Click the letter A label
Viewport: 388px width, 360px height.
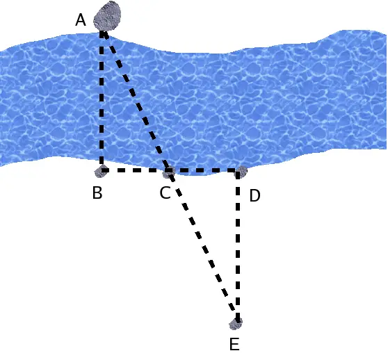click(x=81, y=20)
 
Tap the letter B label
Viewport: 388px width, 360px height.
click(x=97, y=193)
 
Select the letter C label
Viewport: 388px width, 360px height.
click(x=165, y=193)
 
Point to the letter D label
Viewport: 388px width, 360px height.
click(x=255, y=195)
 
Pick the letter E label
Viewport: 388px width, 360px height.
click(x=234, y=344)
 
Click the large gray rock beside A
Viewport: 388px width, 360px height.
click(x=107, y=16)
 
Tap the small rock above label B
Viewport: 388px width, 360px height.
click(x=102, y=171)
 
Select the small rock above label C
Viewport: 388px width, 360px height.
click(x=169, y=172)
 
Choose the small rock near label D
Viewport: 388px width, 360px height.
click(x=241, y=172)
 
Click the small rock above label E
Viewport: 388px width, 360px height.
click(x=236, y=323)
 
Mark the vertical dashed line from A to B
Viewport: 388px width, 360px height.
click(x=102, y=101)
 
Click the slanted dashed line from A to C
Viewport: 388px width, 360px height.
click(x=136, y=101)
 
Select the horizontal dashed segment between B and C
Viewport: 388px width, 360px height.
click(x=136, y=170)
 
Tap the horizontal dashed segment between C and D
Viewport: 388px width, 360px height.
click(x=204, y=170)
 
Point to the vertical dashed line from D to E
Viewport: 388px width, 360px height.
click(x=238, y=246)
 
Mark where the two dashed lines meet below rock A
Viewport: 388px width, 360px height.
click(x=102, y=33)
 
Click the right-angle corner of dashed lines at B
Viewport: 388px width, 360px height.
click(x=102, y=170)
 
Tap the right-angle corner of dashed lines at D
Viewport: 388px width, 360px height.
click(x=238, y=170)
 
